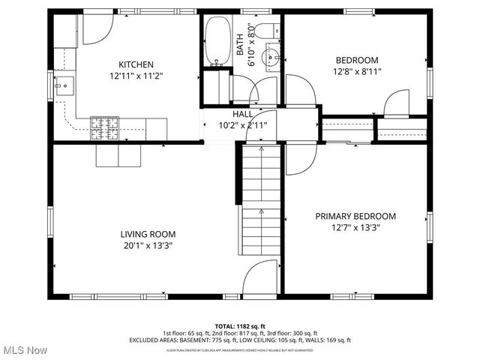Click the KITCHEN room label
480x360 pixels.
pyautogui.click(x=136, y=64)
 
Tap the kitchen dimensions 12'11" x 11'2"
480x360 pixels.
pyautogui.click(x=136, y=76)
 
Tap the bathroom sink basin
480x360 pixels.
pyautogui.click(x=273, y=55)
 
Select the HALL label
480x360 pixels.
pyautogui.click(x=242, y=114)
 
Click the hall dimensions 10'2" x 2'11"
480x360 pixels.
pyautogui.click(x=242, y=125)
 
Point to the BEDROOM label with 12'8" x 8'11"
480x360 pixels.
pyautogui.click(x=356, y=61)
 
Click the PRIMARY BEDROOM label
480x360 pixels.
pyautogui.click(x=355, y=216)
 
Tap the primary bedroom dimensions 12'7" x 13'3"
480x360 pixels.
pyautogui.click(x=355, y=228)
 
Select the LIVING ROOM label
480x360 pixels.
pyautogui.click(x=148, y=233)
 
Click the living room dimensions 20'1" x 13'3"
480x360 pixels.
pyautogui.click(x=148, y=245)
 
